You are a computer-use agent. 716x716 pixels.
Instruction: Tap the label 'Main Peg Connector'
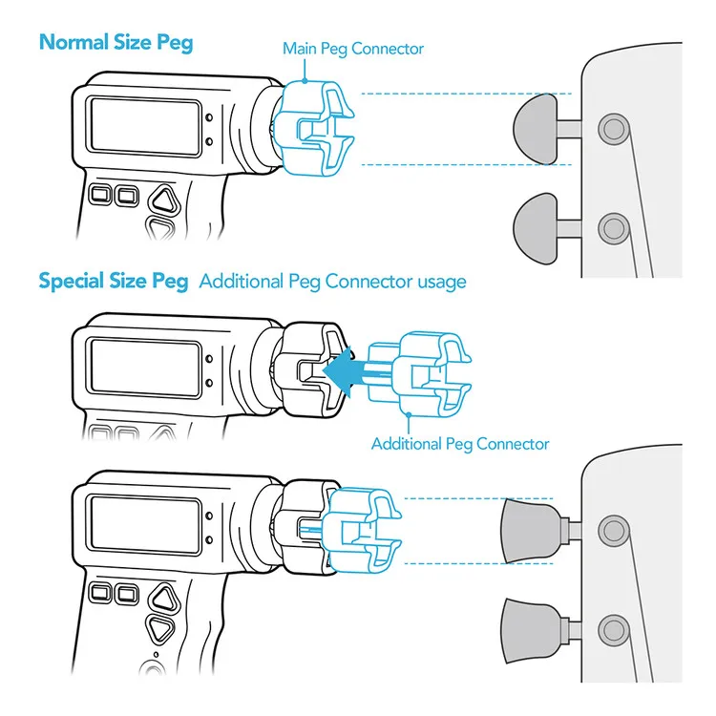(x=352, y=48)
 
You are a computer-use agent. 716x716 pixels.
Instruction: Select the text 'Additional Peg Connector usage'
(x=332, y=281)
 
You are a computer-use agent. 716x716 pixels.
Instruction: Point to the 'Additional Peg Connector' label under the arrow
(x=460, y=443)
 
